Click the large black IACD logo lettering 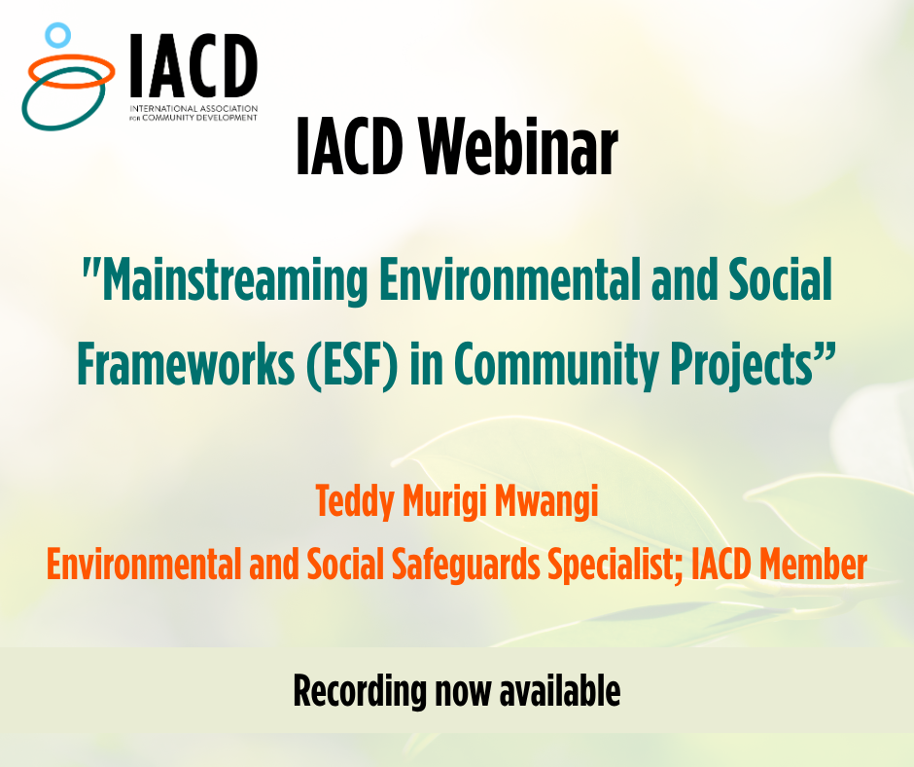pos(193,65)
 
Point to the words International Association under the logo pos(193,109)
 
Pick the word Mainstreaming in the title pos(234,280)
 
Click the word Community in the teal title pos(556,365)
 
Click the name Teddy pos(355,501)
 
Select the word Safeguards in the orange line pos(466,566)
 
